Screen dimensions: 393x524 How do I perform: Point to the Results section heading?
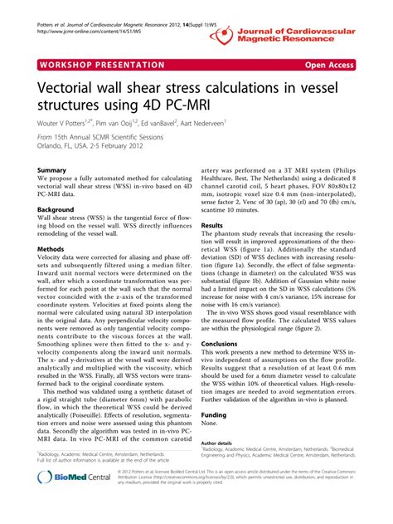pos(213,226)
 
